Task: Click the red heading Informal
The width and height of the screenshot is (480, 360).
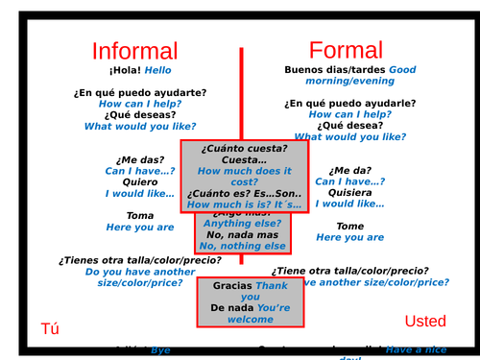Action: pos(134,51)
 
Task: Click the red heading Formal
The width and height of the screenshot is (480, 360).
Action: pos(345,50)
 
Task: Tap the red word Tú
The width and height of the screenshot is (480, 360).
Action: pos(49,328)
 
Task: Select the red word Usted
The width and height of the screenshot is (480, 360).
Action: pos(425,321)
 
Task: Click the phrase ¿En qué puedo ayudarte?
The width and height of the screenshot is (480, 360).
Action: pos(139,92)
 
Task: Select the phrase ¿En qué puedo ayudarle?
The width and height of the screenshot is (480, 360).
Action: pos(349,103)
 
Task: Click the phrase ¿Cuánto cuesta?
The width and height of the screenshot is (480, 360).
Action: pos(245,148)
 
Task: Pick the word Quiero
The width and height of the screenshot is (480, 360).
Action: pos(140,181)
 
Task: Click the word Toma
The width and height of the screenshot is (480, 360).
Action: pos(139,216)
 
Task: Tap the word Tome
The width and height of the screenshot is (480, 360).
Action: pos(349,227)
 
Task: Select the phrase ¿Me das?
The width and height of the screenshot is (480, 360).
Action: pos(140,159)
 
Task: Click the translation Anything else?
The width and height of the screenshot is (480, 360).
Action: pos(245,224)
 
